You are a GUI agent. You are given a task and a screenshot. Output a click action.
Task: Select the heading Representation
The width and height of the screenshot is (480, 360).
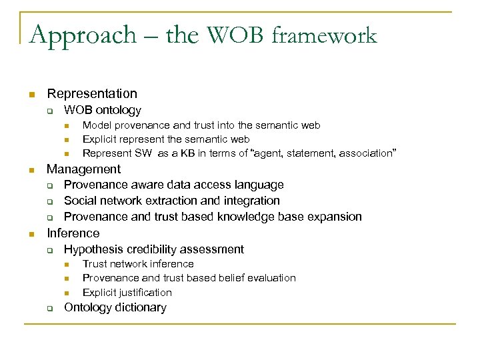(x=92, y=94)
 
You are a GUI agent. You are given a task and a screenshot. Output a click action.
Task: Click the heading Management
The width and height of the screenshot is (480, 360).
(x=83, y=169)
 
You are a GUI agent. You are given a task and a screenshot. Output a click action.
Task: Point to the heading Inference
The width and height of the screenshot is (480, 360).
(x=73, y=233)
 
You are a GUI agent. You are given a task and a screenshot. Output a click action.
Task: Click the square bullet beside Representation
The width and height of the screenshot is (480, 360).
(x=30, y=95)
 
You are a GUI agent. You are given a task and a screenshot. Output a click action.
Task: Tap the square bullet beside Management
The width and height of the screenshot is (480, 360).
(x=30, y=170)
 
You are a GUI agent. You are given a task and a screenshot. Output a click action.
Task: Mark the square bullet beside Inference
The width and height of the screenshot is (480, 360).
(x=30, y=234)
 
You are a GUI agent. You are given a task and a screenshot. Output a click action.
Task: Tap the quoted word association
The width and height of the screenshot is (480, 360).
(x=367, y=153)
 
